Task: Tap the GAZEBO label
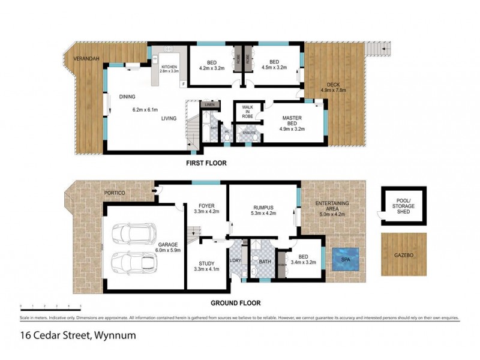click(x=403, y=255)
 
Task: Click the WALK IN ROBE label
click(x=247, y=110)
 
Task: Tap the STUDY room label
click(x=206, y=263)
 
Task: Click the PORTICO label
click(x=114, y=193)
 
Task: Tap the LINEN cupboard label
click(x=209, y=104)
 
